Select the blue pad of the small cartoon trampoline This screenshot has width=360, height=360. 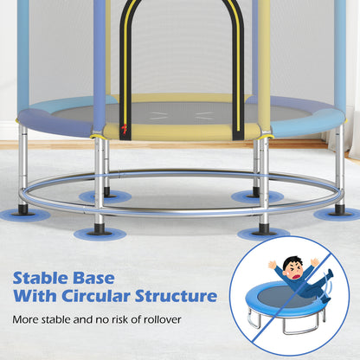coord(273,307)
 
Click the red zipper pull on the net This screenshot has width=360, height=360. coord(124,132)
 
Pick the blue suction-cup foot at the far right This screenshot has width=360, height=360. coord(339,212)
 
